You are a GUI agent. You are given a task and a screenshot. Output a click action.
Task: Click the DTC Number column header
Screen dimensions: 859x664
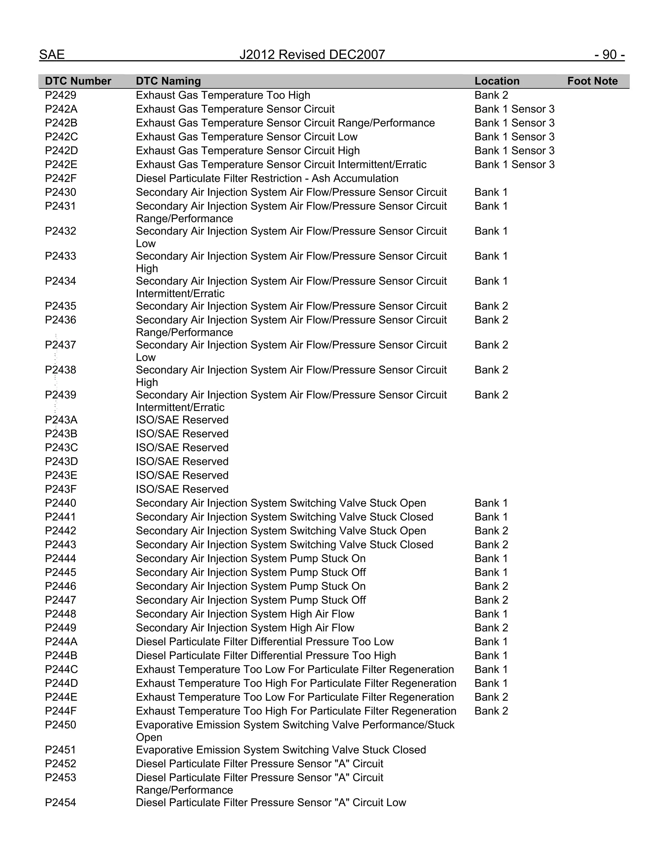coord(78,81)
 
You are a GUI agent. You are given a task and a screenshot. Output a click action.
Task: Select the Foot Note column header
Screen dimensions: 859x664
coord(592,81)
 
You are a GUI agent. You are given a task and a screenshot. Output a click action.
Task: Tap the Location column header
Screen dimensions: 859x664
coord(496,81)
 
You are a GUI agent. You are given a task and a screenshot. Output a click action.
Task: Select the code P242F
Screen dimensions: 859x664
coord(61,178)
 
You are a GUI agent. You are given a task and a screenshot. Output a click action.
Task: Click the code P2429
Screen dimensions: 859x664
coord(61,95)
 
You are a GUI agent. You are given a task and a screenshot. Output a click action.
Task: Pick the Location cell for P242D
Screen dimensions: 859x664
coord(514,151)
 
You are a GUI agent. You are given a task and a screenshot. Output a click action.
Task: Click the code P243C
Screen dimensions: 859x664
coord(61,448)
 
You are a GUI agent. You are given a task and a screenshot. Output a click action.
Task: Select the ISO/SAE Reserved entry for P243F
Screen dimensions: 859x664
coord(182,489)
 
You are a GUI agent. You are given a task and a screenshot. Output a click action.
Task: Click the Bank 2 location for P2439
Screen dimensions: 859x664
coord(491,395)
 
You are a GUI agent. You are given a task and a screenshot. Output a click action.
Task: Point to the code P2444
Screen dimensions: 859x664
coord(61,559)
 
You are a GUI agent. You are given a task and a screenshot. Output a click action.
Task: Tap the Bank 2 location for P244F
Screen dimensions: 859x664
coord(491,711)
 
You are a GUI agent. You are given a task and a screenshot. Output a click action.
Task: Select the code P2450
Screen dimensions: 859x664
coord(61,724)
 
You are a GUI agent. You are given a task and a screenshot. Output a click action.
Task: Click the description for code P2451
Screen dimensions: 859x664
coord(280,750)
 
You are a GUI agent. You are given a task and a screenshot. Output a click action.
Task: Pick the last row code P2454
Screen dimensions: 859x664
coord(61,802)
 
